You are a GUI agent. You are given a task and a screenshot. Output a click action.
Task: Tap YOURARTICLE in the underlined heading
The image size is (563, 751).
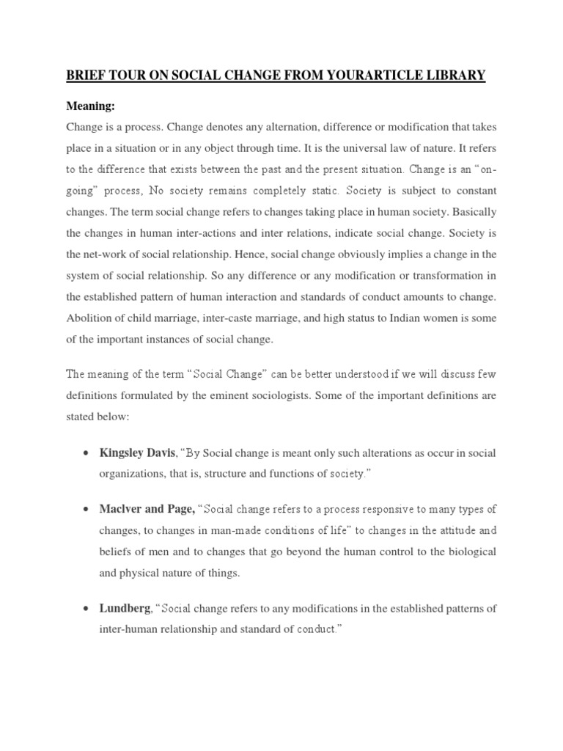pos(360,76)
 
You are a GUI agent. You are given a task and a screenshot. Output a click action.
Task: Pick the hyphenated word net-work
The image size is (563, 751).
pos(109,254)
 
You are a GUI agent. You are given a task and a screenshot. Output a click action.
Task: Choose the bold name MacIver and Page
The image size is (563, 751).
pos(147,509)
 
